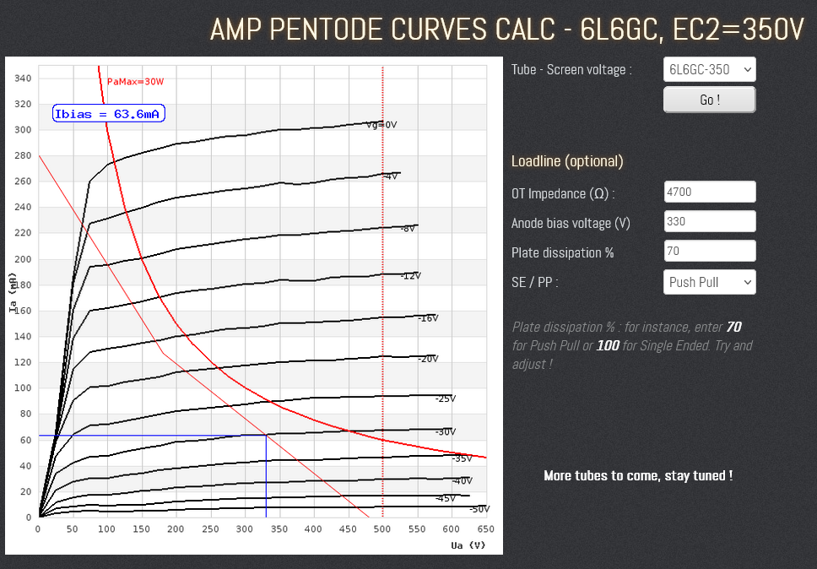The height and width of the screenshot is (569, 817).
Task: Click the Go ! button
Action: click(x=709, y=100)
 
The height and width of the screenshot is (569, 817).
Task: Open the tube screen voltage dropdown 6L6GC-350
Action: click(x=709, y=69)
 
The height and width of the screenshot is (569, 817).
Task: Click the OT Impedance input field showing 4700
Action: click(x=709, y=192)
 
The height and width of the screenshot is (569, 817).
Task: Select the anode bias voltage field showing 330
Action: click(x=709, y=222)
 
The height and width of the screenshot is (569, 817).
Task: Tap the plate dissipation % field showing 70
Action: click(x=709, y=251)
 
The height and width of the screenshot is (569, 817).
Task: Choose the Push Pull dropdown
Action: click(x=709, y=282)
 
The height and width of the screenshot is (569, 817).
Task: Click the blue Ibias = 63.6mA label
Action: click(x=108, y=114)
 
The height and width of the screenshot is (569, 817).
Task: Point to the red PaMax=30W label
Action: click(x=135, y=82)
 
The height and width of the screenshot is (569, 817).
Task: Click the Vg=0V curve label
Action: click(x=381, y=125)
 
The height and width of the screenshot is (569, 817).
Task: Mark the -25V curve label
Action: click(x=445, y=398)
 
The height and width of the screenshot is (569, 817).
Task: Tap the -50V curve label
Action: click(x=479, y=509)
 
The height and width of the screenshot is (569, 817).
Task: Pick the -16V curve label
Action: click(x=428, y=318)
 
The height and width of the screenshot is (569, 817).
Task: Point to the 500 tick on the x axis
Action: click(x=382, y=529)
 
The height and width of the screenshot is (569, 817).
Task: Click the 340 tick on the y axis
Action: click(x=23, y=79)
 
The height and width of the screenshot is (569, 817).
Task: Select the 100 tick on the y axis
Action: click(x=23, y=388)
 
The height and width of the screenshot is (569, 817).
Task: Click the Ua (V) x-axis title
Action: click(x=468, y=545)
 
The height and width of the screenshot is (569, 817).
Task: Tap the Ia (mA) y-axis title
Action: click(x=13, y=292)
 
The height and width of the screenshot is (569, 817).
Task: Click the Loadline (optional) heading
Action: click(x=567, y=161)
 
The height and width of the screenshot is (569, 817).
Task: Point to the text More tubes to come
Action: click(x=637, y=475)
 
